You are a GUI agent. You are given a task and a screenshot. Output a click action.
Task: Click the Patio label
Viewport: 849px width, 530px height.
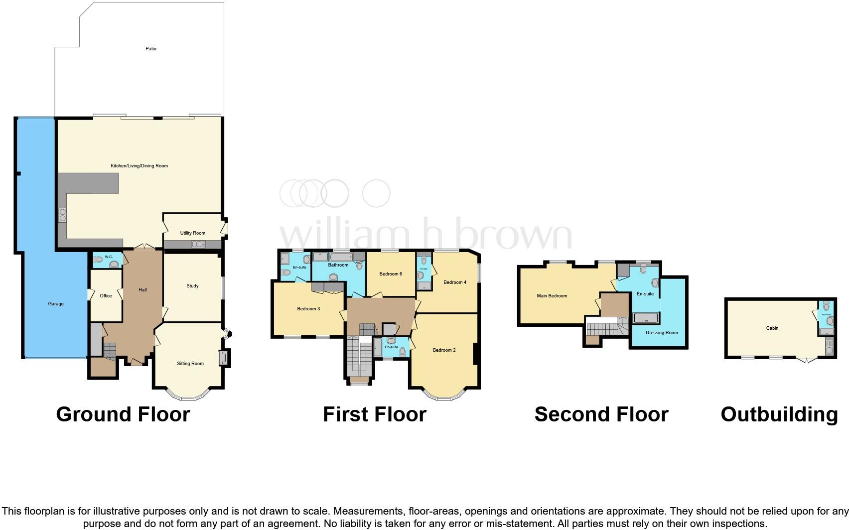(x=151, y=49)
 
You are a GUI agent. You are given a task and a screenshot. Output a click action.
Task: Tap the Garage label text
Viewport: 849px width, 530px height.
(x=56, y=304)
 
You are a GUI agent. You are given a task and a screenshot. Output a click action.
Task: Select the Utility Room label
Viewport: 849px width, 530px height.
(x=193, y=233)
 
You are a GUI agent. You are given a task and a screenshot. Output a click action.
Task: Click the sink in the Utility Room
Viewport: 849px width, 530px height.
(x=198, y=244)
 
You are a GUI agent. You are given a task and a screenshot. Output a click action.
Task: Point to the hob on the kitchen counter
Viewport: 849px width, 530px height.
(x=63, y=215)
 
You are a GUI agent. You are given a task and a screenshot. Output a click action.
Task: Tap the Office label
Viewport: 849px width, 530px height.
(x=106, y=296)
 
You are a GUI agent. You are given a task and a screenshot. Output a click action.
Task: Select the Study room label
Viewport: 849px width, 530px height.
(x=192, y=286)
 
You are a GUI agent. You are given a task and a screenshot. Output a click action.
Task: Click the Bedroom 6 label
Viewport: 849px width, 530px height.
(x=391, y=274)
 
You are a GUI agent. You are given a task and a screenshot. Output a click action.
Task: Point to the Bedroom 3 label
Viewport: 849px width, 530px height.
(x=308, y=309)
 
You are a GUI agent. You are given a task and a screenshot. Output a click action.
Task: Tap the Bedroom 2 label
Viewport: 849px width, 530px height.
(x=444, y=350)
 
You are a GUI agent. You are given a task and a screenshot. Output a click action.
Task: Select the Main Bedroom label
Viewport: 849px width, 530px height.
(x=552, y=296)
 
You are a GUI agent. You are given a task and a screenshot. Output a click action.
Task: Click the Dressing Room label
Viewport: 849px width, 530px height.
(x=662, y=333)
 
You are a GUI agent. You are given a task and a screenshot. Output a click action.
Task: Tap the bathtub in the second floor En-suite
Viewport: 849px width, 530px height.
(x=645, y=317)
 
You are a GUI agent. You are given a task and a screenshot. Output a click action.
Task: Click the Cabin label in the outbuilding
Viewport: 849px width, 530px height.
(x=772, y=328)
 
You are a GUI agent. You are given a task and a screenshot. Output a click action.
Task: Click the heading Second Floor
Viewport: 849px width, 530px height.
(x=601, y=414)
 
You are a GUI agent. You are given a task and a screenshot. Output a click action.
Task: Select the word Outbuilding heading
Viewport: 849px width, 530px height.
(x=779, y=414)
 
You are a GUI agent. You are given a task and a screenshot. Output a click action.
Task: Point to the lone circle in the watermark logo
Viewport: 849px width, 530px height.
(x=376, y=194)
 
